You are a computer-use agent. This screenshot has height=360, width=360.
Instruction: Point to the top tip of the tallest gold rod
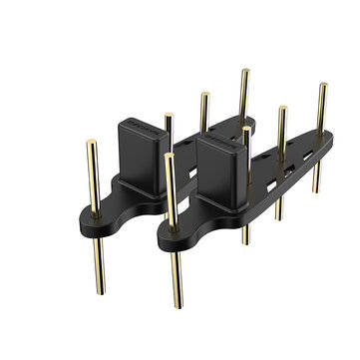pos(243,71)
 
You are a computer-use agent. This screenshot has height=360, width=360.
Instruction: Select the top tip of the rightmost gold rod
pos(322,86)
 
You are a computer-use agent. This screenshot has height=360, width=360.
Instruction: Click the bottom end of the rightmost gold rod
pos(315,191)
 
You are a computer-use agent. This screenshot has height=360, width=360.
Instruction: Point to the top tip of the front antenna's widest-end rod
pos(171,156)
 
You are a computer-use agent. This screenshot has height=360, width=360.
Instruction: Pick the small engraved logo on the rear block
pos(147,129)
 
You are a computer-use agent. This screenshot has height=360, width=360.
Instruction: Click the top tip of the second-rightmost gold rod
pos(282,107)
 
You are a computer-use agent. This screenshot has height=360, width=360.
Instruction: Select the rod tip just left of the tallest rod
pos(203,95)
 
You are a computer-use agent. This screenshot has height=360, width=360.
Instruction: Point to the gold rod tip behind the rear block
pos(170,118)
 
